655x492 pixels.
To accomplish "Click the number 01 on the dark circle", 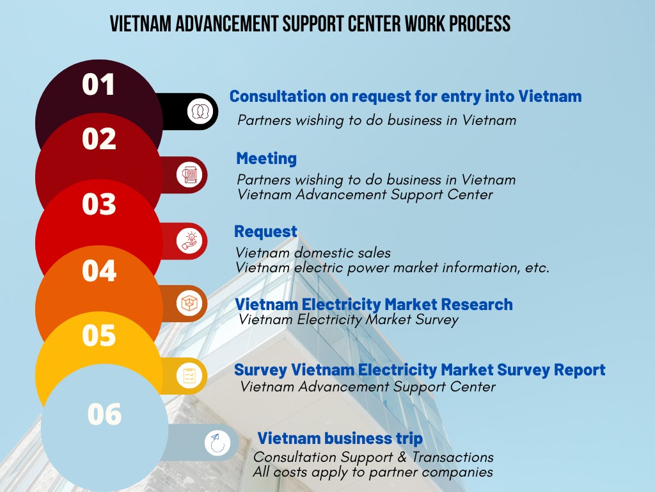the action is coord(98,85).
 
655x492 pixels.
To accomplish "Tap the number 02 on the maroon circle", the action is coord(99,139).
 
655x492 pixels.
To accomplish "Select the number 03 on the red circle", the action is coord(99,204).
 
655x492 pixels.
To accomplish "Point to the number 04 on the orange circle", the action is coord(99,270).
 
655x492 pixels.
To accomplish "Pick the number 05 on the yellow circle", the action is coord(99,335).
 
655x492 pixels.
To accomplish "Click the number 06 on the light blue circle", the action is coord(104,414).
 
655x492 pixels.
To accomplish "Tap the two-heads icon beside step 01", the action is coord(200,111).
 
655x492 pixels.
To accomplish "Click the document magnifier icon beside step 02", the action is coord(189,175).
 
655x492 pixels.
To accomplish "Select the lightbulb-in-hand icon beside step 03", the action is coord(189,241).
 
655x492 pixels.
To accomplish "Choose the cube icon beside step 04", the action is coord(189,303).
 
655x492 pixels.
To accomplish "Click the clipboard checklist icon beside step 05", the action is coord(189,375).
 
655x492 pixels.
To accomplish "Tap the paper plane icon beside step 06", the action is coord(217,443).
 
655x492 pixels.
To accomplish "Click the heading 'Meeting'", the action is coord(267,159).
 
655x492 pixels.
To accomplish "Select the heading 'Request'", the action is coord(265,232).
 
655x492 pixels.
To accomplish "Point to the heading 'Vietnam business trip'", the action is coord(340,438).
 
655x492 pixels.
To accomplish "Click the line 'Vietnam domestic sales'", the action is coord(313,252).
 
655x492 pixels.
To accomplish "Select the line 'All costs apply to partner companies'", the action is coord(373,472).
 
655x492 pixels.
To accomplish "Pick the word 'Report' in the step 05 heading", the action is coord(580,370).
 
